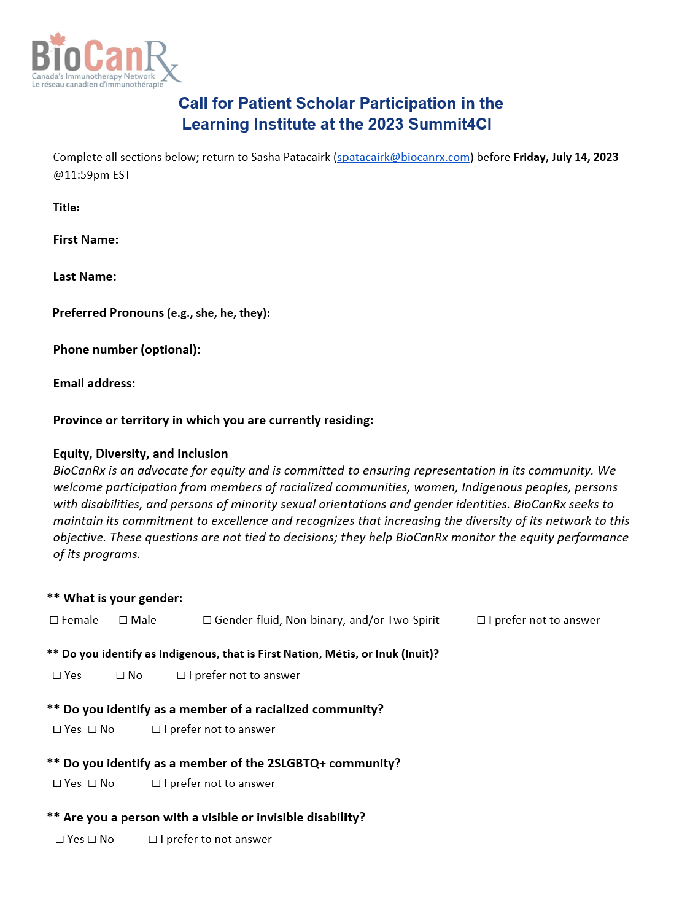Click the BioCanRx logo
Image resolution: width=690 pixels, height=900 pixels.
click(x=106, y=60)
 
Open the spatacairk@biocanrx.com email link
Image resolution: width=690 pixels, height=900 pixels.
click(x=403, y=157)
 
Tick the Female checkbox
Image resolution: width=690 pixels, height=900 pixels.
click(x=55, y=620)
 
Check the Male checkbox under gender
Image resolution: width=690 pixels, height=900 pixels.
click(x=123, y=620)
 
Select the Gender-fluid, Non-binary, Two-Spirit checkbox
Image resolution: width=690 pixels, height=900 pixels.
click(x=207, y=620)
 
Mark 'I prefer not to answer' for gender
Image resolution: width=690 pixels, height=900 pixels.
click(x=481, y=620)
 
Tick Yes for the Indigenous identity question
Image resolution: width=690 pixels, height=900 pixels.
click(x=57, y=675)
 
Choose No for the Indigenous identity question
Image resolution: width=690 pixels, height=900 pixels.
click(x=120, y=675)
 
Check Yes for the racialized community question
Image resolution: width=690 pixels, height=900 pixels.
click(x=57, y=729)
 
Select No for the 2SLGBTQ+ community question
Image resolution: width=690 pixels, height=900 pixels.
click(x=93, y=783)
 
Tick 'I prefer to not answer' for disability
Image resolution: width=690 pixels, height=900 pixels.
click(x=153, y=839)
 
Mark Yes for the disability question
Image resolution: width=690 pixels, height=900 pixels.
click(x=60, y=839)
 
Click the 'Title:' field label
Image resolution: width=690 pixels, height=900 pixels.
click(x=66, y=208)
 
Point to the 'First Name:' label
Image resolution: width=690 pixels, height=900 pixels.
click(x=86, y=240)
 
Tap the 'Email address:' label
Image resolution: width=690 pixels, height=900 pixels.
click(x=94, y=384)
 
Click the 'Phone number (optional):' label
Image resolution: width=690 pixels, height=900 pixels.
click(x=126, y=350)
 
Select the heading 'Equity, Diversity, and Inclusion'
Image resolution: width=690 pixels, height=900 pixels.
click(x=141, y=454)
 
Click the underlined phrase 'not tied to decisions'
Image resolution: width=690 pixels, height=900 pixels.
click(x=278, y=538)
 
